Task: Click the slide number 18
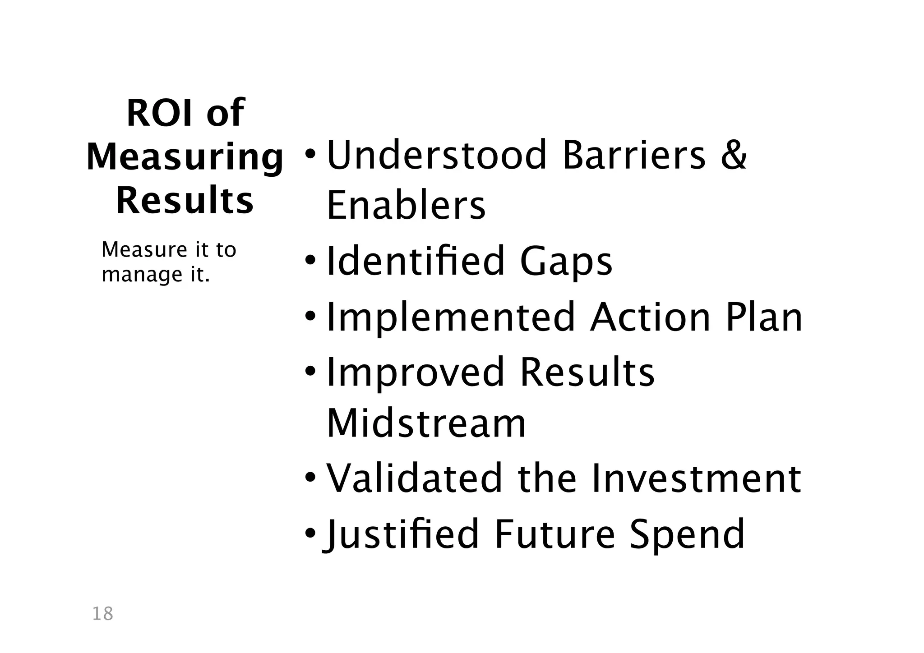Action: (x=102, y=614)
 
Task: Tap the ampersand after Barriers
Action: (x=733, y=155)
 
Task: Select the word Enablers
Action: (x=406, y=206)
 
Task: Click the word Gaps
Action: (x=566, y=262)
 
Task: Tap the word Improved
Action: (x=415, y=373)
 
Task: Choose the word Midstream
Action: (x=426, y=424)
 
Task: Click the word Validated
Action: (x=414, y=478)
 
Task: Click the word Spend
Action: (x=687, y=535)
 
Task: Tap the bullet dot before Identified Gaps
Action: (x=310, y=261)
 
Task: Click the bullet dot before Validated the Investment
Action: (x=310, y=478)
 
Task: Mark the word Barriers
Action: (x=634, y=155)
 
